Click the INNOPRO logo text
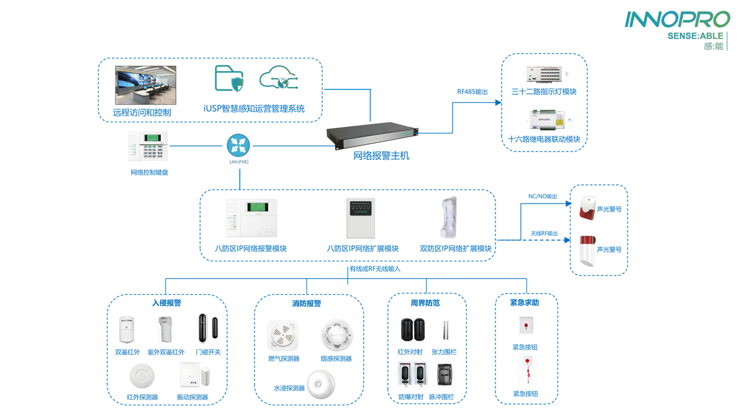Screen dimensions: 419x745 677,19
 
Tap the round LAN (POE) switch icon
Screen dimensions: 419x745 238,145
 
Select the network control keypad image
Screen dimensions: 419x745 148,147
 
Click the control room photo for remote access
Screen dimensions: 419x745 146,85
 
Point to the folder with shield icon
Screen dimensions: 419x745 228,79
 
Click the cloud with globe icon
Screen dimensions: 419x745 279,79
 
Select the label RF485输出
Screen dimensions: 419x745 472,92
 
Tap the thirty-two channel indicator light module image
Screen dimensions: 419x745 544,74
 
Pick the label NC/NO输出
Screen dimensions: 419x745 543,197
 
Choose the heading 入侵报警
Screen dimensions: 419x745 166,303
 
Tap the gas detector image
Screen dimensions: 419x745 283,336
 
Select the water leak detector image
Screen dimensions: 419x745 320,384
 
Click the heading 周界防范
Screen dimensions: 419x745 425,303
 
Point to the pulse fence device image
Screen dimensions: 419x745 445,374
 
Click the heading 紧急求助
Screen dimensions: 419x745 525,303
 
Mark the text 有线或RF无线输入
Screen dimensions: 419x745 375,269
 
